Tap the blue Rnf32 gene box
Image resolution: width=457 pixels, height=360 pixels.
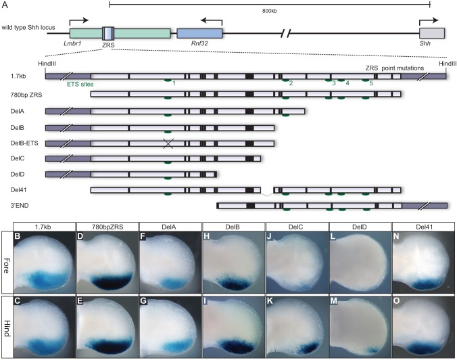tap(199, 32)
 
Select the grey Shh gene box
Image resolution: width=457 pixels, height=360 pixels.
tap(432, 32)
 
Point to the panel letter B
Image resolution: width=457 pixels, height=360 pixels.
tap(22, 236)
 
